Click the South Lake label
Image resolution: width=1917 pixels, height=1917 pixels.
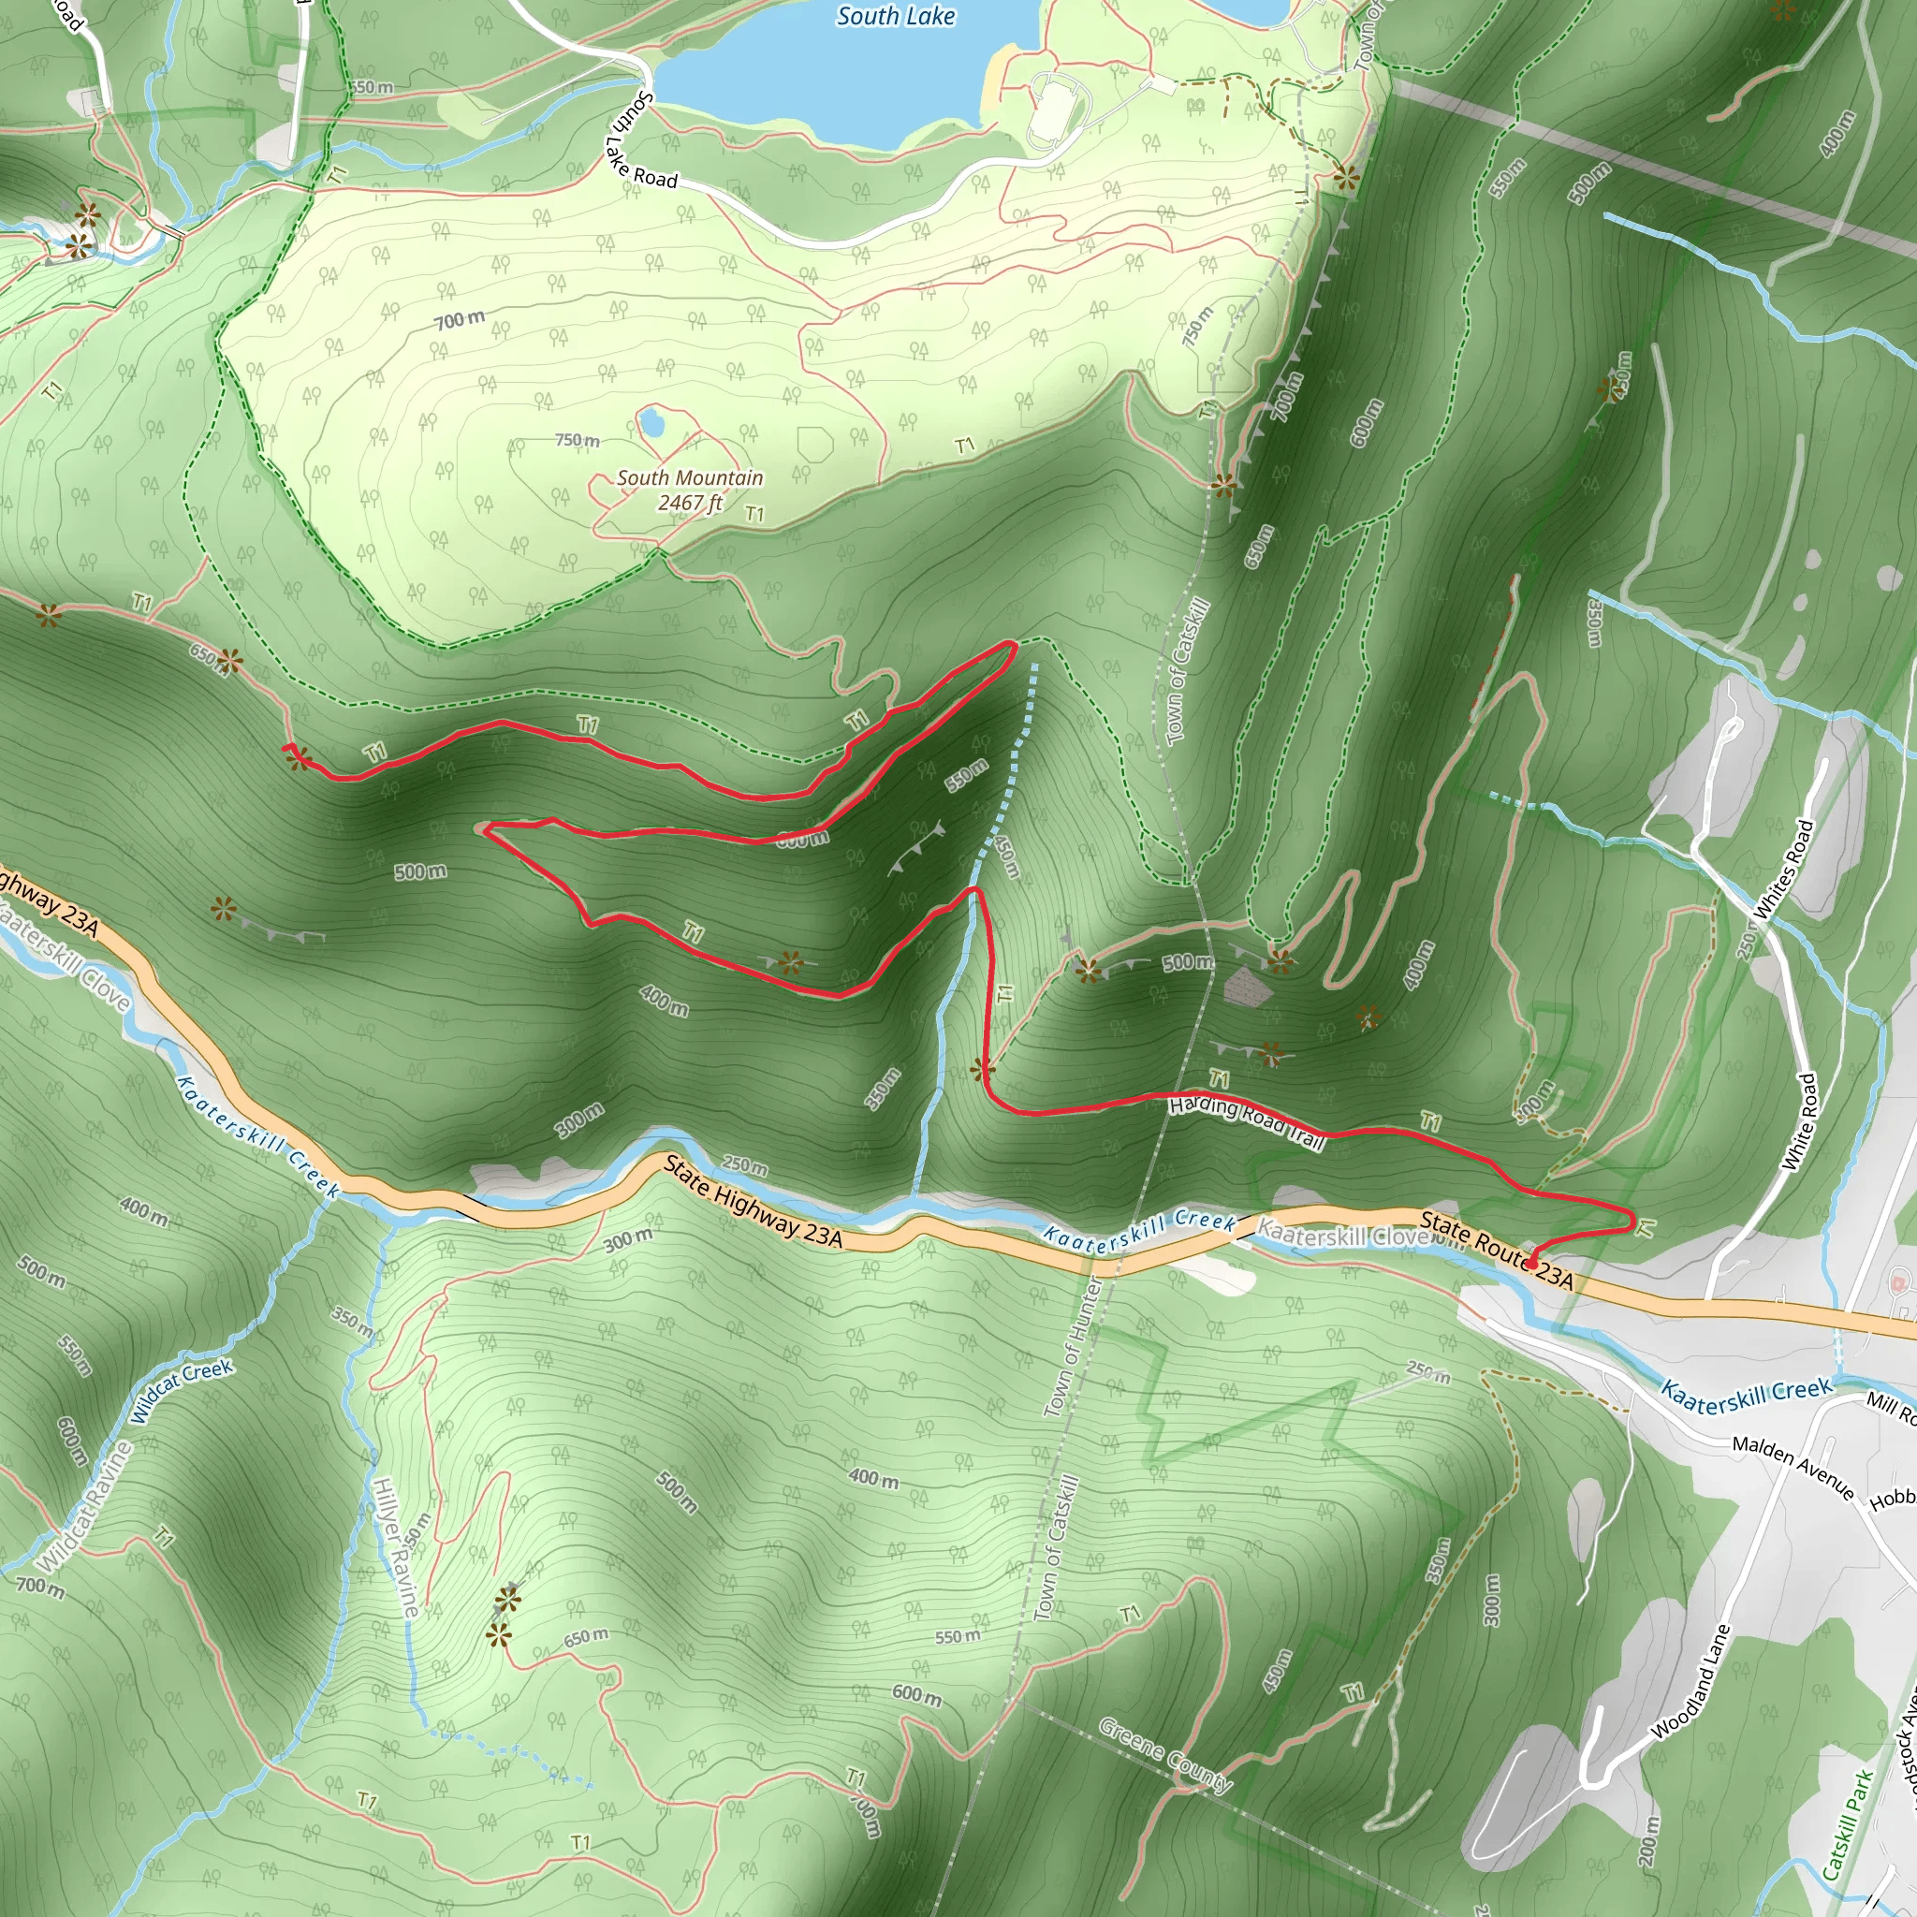point(895,17)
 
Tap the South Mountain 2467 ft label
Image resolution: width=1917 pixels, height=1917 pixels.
point(691,490)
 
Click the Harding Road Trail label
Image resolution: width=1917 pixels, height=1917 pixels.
point(1247,1120)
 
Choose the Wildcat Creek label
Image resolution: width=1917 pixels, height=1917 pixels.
point(181,1390)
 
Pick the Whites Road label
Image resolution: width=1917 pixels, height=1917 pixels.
point(1784,869)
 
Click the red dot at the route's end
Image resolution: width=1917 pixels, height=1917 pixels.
point(1531,1264)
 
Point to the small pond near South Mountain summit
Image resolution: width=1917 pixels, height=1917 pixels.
point(651,423)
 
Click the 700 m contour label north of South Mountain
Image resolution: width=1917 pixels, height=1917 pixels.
point(460,319)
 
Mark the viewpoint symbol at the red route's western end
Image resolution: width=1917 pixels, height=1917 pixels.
point(297,759)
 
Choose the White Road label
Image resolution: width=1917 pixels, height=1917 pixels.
point(1799,1121)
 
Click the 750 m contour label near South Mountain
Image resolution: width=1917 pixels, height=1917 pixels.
point(577,440)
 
